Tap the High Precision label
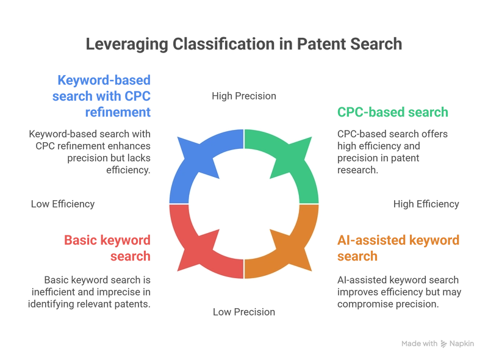244,96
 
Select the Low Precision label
244,312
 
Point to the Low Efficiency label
63,204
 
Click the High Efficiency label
426,204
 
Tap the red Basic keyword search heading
107,247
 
